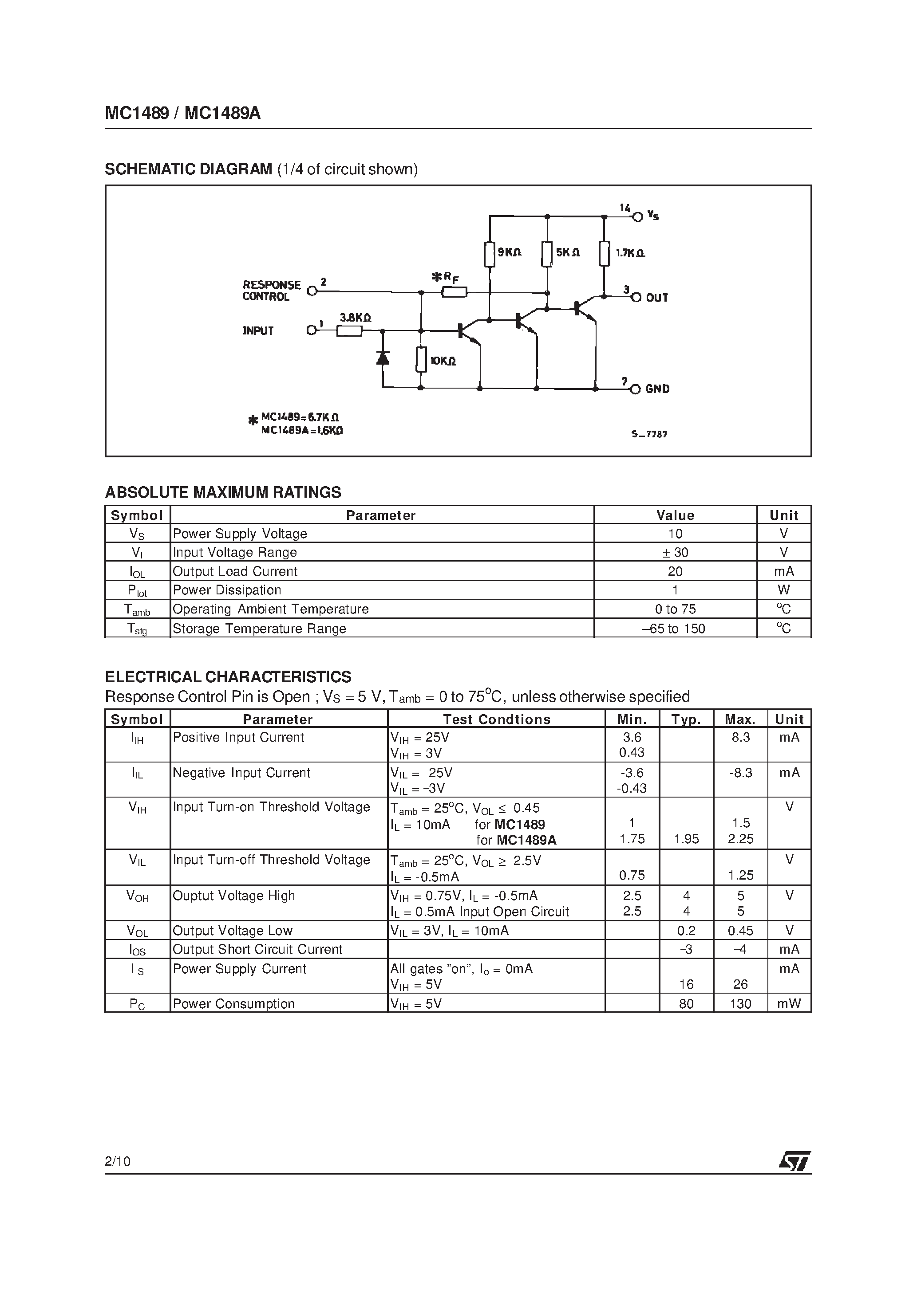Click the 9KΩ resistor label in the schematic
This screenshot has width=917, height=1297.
pos(510,252)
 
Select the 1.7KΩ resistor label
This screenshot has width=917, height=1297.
pos(630,253)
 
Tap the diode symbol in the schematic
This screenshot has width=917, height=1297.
pos(383,357)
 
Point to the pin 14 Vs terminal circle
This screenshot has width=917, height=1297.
pos(638,216)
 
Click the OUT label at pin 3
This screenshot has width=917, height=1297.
pos(657,298)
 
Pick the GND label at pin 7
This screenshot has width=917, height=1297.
pos(657,389)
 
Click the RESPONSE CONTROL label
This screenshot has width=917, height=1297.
pos(271,291)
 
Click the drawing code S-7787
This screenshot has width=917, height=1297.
pos(649,434)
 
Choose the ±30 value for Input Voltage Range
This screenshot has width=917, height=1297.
pos(675,552)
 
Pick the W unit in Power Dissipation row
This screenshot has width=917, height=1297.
pos(783,590)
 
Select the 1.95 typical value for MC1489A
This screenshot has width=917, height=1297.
pos(686,839)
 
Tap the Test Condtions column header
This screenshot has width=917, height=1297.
pos(496,719)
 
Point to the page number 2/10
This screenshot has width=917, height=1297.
pos(118,1161)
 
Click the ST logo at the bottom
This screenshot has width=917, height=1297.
pos(794,1161)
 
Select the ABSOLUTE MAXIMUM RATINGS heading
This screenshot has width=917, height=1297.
pos(223,492)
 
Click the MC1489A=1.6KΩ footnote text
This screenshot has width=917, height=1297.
pos(301,430)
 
